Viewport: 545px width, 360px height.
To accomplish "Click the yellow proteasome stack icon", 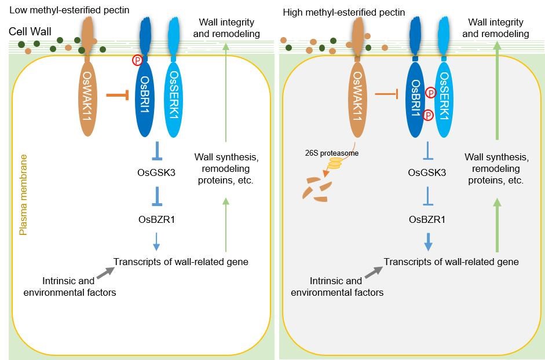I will pyautogui.click(x=336, y=166).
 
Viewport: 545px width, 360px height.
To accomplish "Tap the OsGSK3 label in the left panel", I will pyautogui.click(x=153, y=172).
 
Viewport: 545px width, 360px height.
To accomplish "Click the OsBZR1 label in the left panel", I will pyautogui.click(x=153, y=219).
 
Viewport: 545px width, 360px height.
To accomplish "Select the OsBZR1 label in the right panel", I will pyautogui.click(x=428, y=219).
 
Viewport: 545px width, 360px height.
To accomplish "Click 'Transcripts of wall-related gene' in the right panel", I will pyautogui.click(x=451, y=262).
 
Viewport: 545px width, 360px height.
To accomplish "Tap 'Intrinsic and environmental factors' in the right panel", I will pyautogui.click(x=337, y=286).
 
